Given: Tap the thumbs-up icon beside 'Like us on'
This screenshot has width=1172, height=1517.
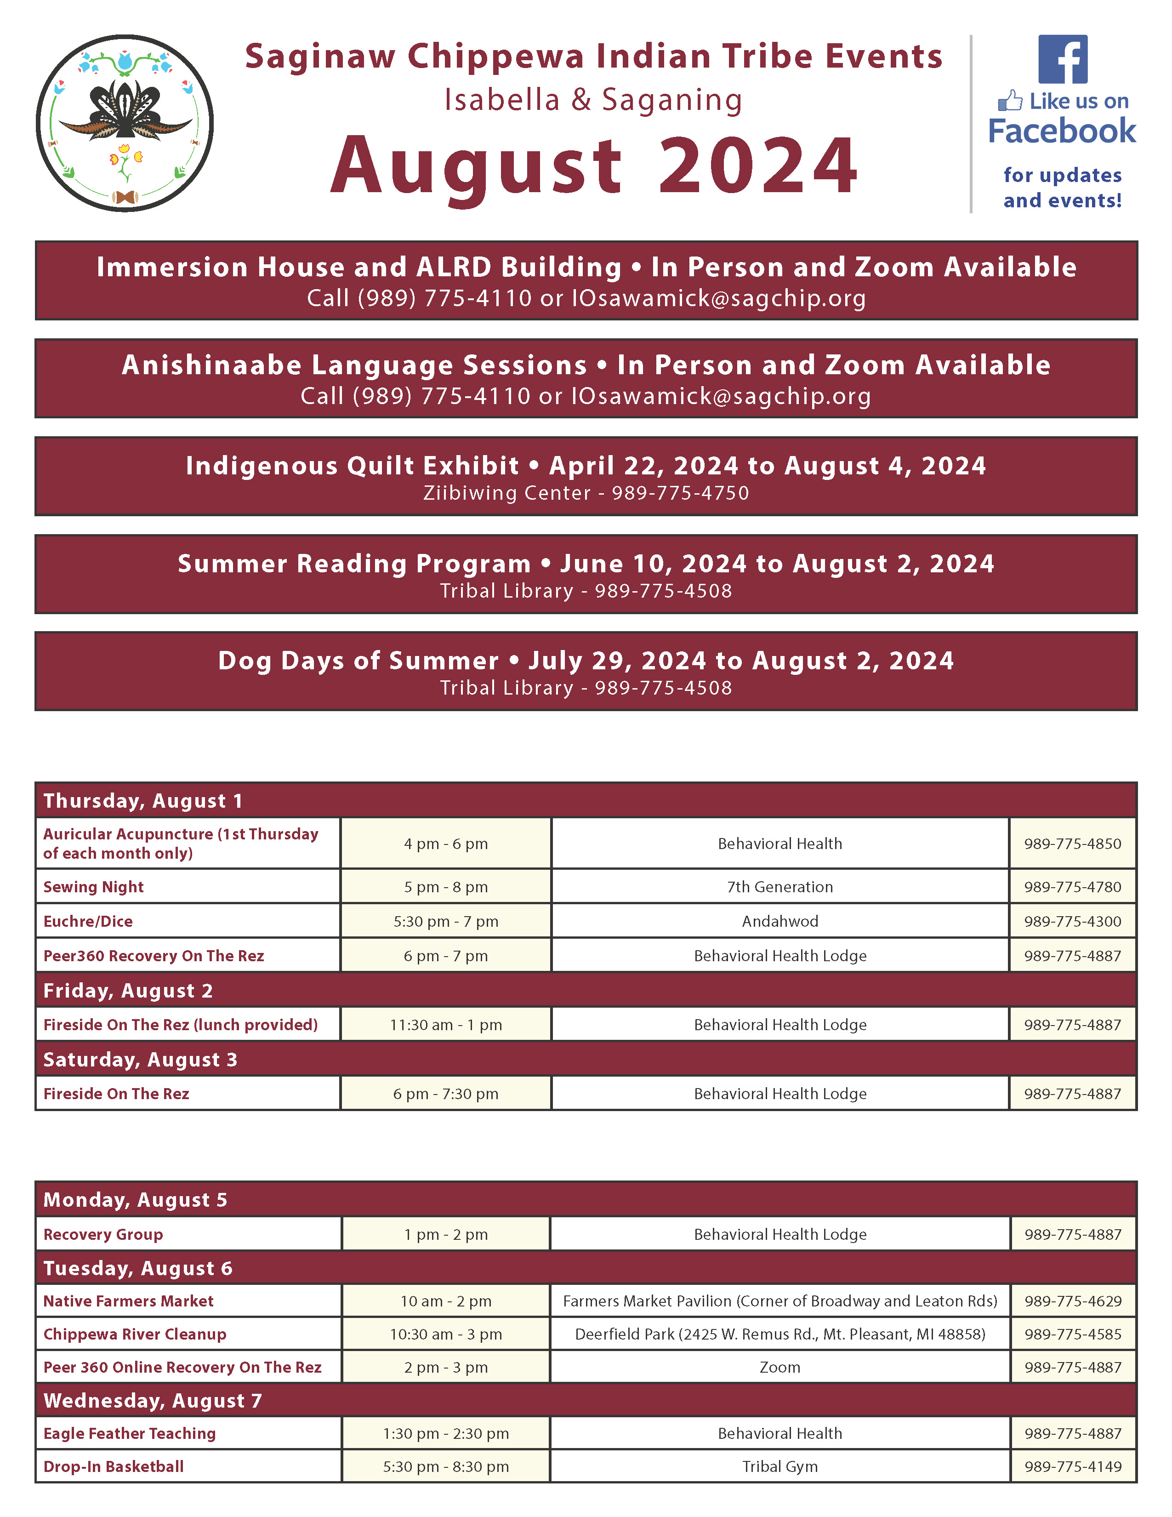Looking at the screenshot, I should [x=1010, y=102].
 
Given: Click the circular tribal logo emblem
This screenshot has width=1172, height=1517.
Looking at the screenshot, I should [x=125, y=124].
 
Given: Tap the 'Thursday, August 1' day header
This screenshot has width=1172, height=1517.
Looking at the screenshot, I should [x=143, y=801].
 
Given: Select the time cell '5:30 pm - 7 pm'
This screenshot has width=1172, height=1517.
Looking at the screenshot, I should [x=446, y=922].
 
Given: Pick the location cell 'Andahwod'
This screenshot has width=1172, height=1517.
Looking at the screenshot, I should [x=779, y=922].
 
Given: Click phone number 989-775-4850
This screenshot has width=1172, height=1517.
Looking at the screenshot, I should [x=1072, y=844].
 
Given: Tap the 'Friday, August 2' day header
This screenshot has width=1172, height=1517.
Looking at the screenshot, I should [x=128, y=991].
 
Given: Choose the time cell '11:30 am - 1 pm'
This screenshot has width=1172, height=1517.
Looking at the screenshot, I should [x=446, y=1025].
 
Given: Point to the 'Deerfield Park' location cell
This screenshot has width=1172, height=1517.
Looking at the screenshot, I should [x=779, y=1335].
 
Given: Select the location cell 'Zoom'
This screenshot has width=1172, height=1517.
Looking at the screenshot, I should [x=779, y=1367].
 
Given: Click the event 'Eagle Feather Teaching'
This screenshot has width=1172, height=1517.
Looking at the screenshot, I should [x=130, y=1434].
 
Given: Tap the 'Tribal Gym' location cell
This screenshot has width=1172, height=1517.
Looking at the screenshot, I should [x=779, y=1466].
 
